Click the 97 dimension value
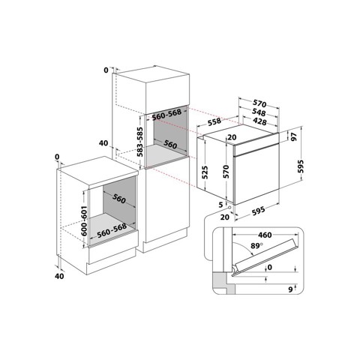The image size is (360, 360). (294, 138)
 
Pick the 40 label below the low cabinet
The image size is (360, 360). (61, 276)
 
